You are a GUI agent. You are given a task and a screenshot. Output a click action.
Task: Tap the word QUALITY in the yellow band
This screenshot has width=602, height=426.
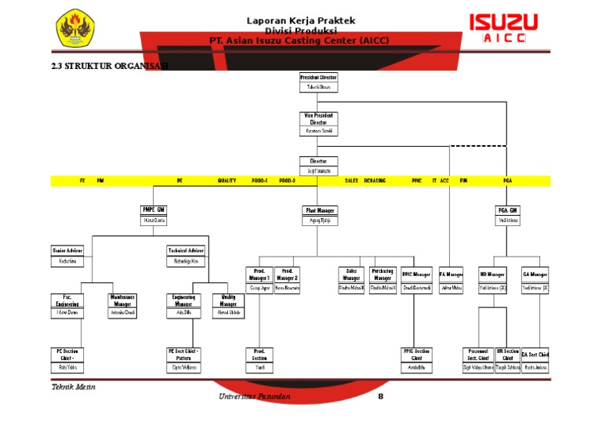227,181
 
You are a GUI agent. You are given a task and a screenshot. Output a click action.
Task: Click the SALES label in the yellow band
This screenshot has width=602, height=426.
352,181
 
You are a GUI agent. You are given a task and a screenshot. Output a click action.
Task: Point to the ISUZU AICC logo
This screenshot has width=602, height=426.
503,27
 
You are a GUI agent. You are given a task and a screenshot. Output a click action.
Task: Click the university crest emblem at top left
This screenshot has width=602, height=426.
76,27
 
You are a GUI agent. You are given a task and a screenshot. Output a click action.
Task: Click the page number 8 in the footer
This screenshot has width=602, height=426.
380,396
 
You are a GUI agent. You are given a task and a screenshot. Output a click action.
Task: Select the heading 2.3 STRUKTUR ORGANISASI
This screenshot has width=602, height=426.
109,66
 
